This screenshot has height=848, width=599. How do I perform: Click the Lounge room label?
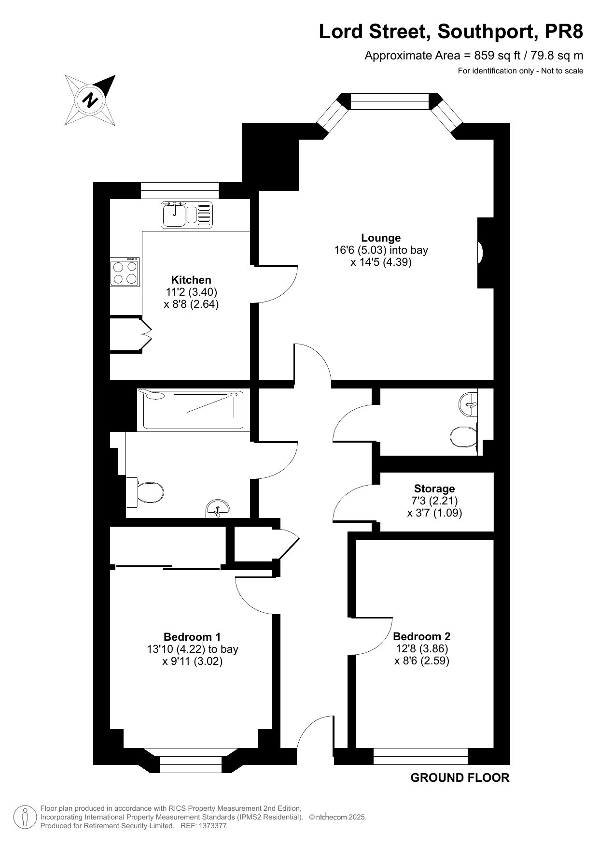[381, 238]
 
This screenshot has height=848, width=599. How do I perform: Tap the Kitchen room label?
[191, 280]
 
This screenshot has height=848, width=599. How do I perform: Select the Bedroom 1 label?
[192, 637]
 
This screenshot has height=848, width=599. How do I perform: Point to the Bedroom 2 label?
[422, 636]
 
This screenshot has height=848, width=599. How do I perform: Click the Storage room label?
[434, 489]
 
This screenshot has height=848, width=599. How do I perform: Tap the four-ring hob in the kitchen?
[125, 272]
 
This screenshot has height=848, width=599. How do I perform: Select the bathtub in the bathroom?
[190, 409]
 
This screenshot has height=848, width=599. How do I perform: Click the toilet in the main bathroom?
[144, 492]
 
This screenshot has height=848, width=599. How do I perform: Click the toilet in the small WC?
[464, 438]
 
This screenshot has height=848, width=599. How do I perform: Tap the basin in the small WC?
[468, 404]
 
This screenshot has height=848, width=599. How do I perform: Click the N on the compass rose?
[90, 101]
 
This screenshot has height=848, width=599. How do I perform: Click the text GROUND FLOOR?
[460, 777]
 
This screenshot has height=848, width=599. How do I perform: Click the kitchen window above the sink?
[180, 190]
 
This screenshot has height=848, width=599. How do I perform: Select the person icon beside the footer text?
[24, 817]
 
